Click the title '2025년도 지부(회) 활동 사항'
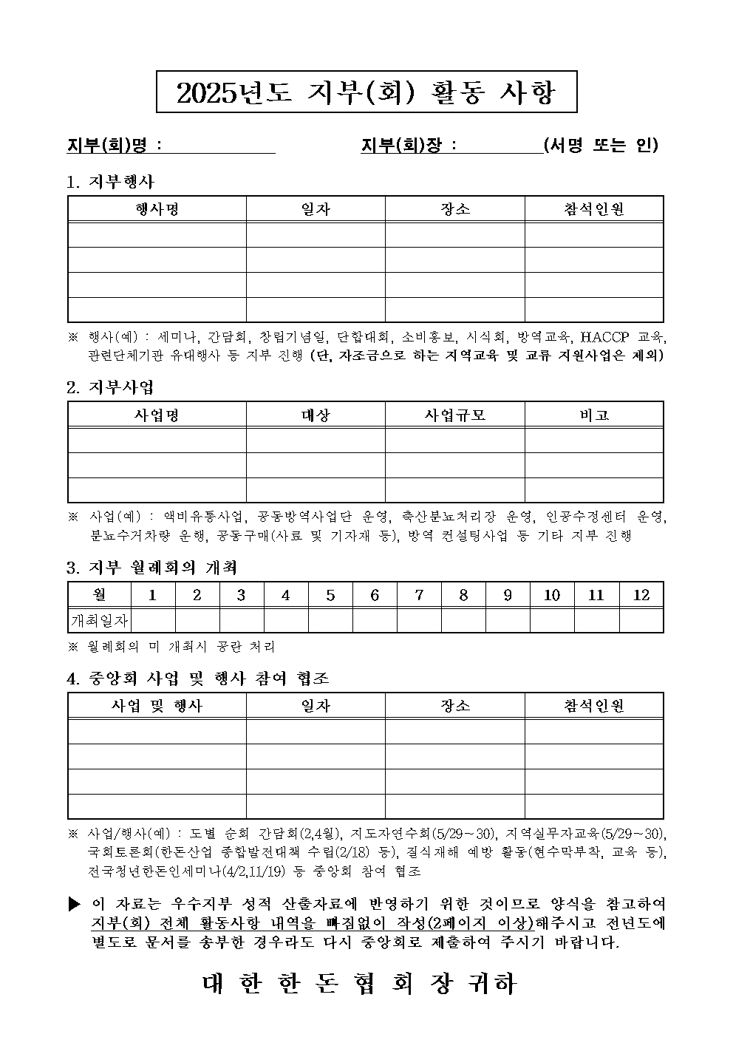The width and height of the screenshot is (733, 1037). pos(366,92)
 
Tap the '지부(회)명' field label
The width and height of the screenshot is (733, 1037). pos(110,145)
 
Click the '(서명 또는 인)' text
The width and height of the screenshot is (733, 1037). pos(600,145)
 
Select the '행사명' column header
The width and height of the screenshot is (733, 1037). pos(157,209)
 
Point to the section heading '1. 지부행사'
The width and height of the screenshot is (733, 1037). pos(110,181)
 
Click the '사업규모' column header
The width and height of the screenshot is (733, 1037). pos(454,415)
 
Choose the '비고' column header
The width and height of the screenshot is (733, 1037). pos(594,415)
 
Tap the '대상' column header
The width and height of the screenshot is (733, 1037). pos(316,415)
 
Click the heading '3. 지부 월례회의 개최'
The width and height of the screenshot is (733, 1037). pos(151,568)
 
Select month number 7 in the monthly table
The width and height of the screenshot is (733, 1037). pos(419,595)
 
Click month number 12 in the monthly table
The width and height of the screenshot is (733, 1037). pos(641,595)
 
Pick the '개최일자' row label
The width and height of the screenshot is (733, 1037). pos(99,620)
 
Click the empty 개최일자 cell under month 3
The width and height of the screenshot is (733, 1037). pos(241,620)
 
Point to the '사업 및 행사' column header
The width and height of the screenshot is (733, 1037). pos(157,706)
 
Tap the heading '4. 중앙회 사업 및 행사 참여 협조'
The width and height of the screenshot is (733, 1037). pos(198,678)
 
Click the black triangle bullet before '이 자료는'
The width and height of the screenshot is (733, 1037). pos(73,904)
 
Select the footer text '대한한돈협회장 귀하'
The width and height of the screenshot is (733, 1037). pos(359,984)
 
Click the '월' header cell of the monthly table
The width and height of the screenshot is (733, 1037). pos(99,595)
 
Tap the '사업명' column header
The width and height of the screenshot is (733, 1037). pos(157,415)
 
